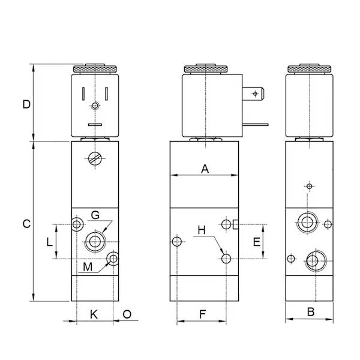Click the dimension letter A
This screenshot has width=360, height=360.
[x=205, y=169]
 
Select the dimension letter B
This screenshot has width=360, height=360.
[x=310, y=311]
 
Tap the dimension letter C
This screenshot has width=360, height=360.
[x=26, y=224]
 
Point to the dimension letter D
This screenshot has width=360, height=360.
[x=26, y=104]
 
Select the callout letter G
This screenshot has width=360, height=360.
[x=95, y=215]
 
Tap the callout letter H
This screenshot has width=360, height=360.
[x=202, y=230]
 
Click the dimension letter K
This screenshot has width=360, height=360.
[x=93, y=313]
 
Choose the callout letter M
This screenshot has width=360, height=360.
[x=88, y=266]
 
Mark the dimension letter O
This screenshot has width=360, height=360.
[x=127, y=313]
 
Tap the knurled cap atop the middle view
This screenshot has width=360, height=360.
[x=205, y=69]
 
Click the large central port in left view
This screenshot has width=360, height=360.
[x=95, y=241]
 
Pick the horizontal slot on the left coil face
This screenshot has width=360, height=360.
[x=95, y=125]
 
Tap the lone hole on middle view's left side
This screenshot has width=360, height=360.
[x=176, y=242]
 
